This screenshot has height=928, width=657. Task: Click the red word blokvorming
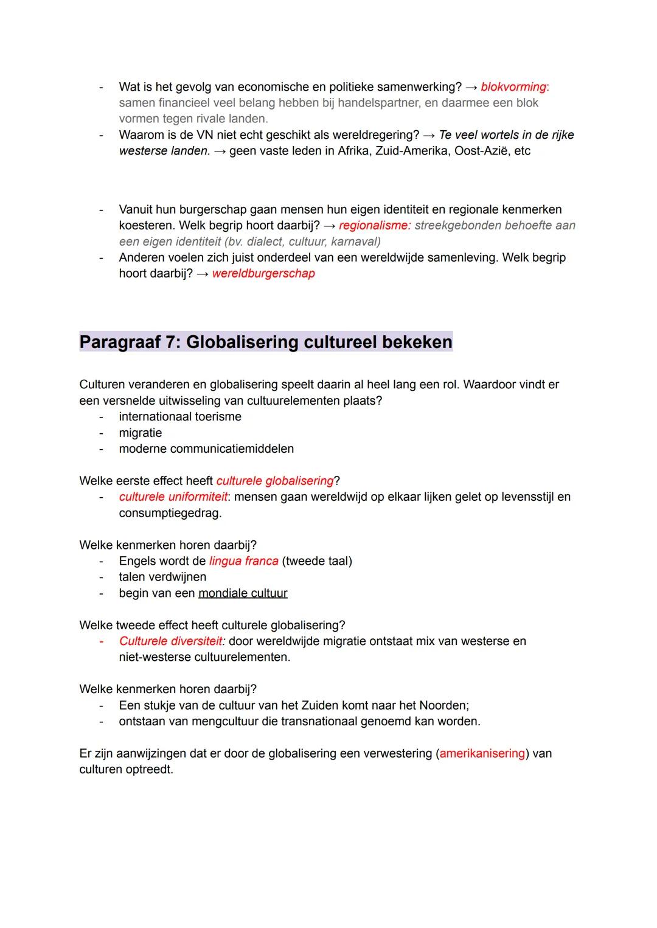coord(513,87)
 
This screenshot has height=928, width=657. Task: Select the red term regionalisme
coord(373,226)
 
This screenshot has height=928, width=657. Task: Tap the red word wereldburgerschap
coord(263,274)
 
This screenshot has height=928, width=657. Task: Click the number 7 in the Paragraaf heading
coord(171,343)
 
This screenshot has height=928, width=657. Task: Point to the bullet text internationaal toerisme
coord(180,417)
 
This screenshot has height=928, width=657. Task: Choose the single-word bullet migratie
coord(141,433)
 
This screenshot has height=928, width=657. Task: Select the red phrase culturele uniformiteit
coord(173,497)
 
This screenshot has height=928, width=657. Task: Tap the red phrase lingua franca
coord(243,561)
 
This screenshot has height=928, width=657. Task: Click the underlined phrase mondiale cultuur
coord(243,593)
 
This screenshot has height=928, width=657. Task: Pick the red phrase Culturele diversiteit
coord(172,641)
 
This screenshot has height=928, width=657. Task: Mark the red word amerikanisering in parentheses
coord(482,754)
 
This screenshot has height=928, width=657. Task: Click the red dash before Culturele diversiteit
coord(102,641)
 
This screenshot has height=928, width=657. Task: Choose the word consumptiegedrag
coord(170,513)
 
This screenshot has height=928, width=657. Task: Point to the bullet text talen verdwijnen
coord(162,577)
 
